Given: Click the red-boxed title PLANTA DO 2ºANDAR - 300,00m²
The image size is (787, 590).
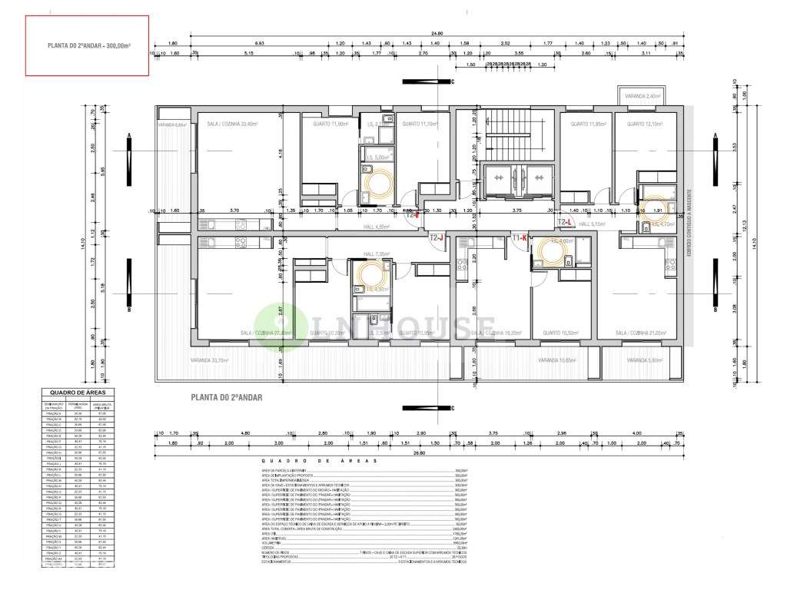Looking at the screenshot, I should (86, 46).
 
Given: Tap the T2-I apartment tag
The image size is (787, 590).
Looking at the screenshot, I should (412, 215).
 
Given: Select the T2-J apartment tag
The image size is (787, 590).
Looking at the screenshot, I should (437, 238).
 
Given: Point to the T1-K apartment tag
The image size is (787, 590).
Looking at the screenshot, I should (519, 238).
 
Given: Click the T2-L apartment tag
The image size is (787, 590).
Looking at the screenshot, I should (566, 222).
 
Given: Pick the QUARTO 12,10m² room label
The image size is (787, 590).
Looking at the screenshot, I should (644, 124).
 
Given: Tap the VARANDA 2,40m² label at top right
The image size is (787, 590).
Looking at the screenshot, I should (643, 96).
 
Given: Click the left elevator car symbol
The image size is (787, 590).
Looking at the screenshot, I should (498, 177).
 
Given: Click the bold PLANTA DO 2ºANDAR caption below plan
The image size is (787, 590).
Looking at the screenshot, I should (227, 397).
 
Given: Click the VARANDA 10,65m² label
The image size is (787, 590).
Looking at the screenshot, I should (557, 360).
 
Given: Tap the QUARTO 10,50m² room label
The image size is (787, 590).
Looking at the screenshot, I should (561, 333).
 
